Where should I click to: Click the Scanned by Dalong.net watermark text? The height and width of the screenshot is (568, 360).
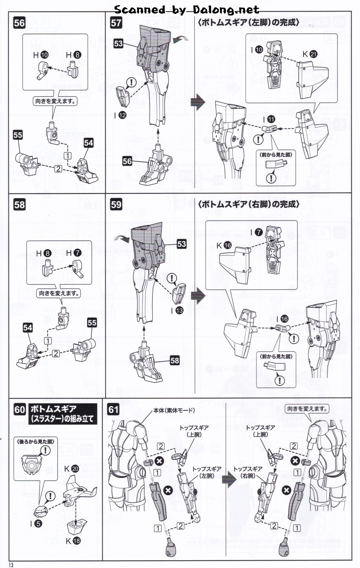187,9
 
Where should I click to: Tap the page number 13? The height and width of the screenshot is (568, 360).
11,565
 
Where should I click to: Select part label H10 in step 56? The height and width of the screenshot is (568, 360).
41,55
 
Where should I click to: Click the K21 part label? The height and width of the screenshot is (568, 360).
310,54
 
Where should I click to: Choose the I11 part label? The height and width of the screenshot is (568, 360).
269,120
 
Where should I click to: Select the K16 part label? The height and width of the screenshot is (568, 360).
224,245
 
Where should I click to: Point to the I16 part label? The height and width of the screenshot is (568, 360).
282,319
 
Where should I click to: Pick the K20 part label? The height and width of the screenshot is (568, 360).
71,469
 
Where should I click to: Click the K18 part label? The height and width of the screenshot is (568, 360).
73,541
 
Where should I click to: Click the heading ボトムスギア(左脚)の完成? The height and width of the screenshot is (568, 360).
249,22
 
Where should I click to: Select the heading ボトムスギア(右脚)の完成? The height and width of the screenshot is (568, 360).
249,204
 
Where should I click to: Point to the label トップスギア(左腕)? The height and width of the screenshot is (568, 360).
207,472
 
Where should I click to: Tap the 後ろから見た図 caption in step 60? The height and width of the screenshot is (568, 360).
36,441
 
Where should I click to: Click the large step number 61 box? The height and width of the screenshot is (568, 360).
113,409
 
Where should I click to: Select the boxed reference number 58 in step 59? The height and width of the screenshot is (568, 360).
175,360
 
